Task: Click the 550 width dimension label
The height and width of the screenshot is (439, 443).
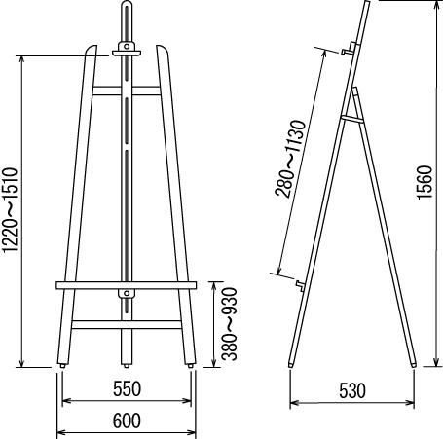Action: pos(127,388)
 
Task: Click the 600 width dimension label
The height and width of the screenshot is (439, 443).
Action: pos(127,421)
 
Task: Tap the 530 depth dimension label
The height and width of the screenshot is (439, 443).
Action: pos(352,390)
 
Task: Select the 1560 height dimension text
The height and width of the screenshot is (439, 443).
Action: pos(425,182)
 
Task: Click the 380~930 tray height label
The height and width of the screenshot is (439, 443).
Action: pos(230,324)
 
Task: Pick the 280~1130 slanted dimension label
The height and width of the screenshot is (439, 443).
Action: pos(290,159)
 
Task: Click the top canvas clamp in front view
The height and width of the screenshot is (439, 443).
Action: pos(127,50)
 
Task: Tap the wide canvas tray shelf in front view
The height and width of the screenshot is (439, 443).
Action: pos(127,285)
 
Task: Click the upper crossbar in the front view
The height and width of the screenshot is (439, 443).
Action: pos(127,91)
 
